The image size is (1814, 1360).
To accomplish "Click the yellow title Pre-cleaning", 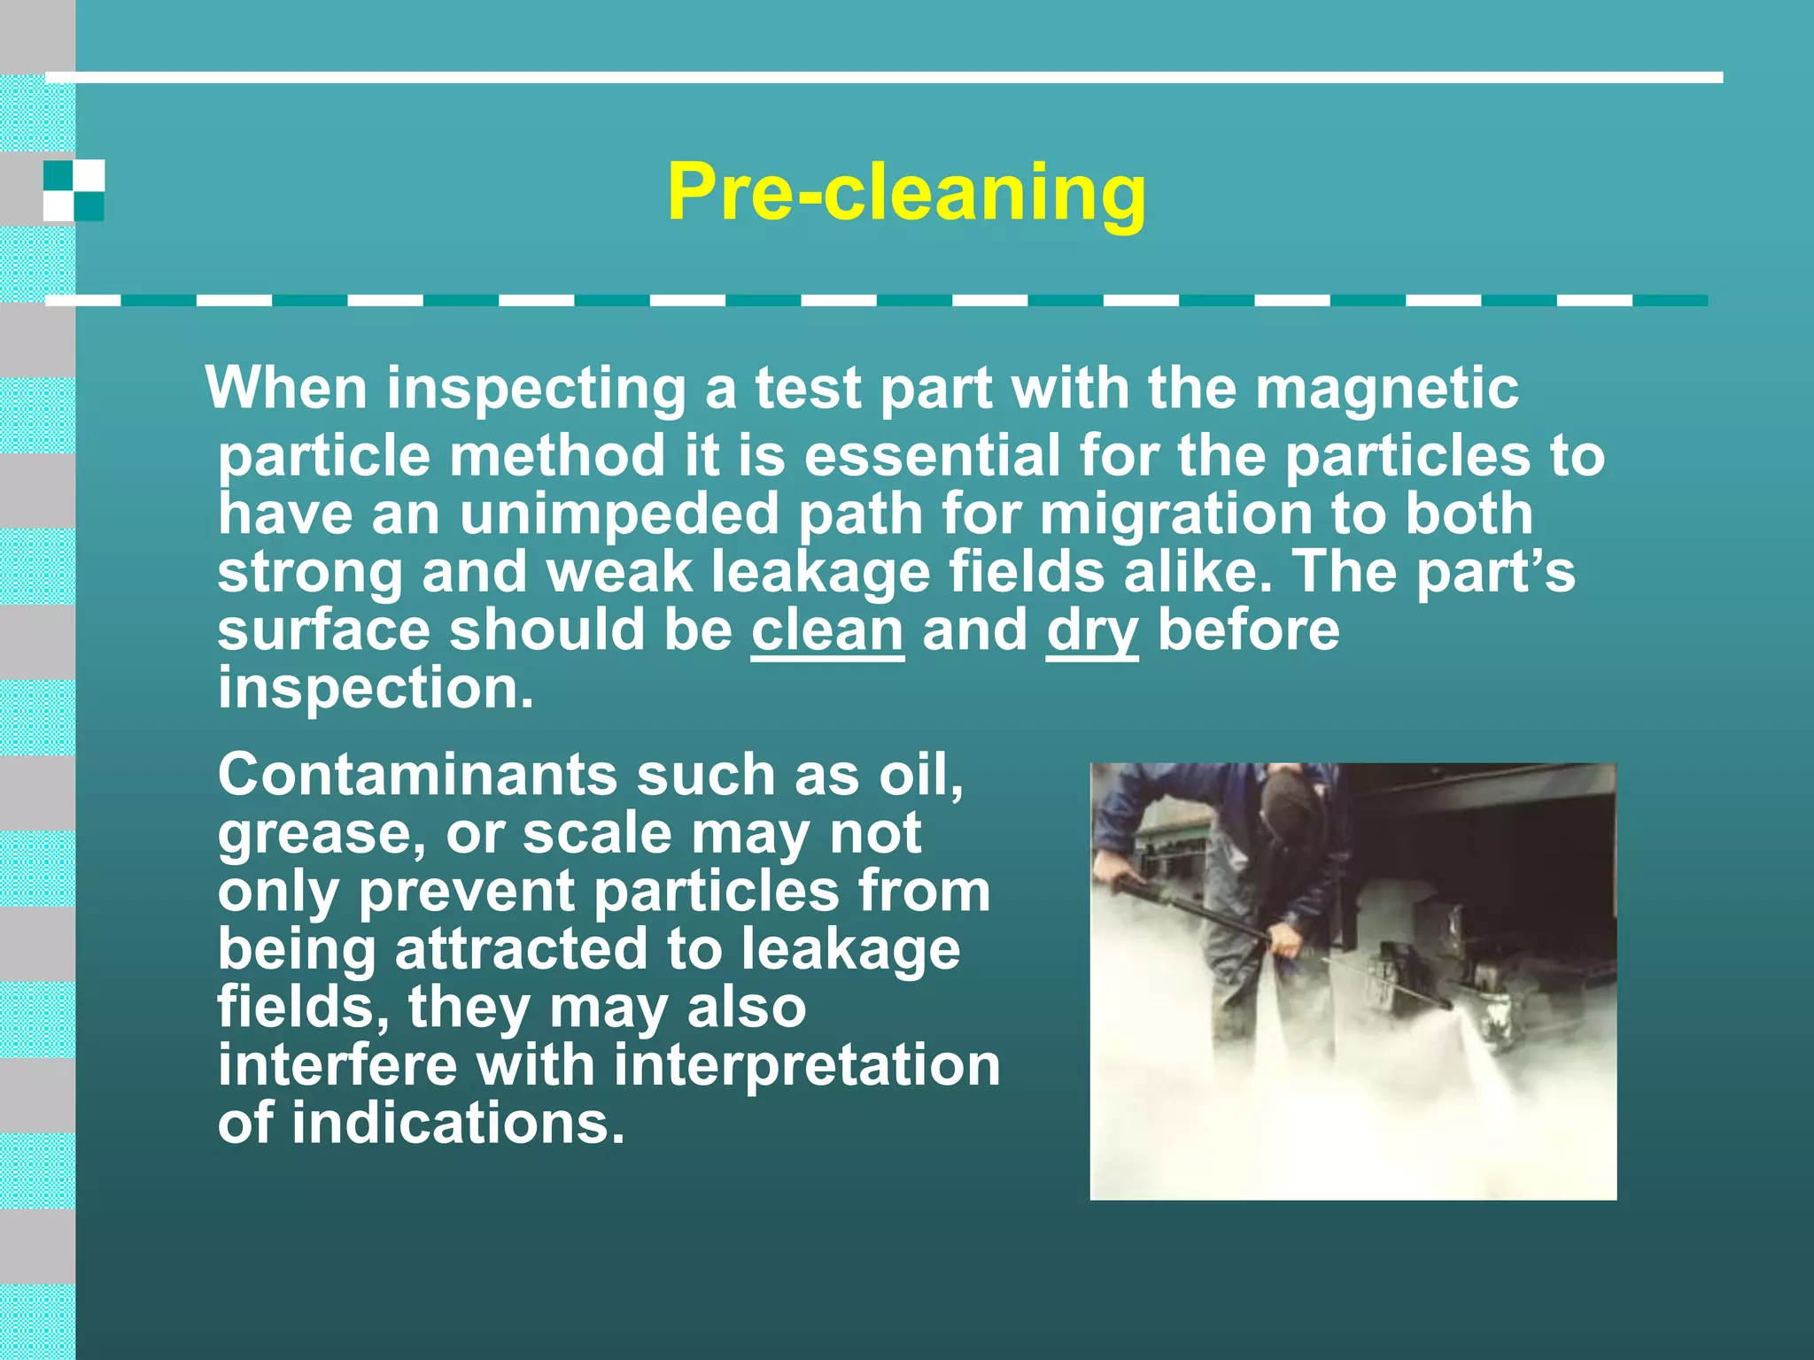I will [x=906, y=192].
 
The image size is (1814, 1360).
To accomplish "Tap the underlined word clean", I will [x=827, y=630].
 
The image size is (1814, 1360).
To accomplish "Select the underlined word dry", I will [x=1092, y=631].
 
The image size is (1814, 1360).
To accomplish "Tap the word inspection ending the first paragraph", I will [x=376, y=688].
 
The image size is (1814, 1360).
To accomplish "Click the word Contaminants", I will [x=417, y=775].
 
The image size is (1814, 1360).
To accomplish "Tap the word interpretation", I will [x=807, y=1065].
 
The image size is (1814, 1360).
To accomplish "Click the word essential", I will [x=932, y=455].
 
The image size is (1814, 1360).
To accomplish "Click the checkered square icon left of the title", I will [x=74, y=190].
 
